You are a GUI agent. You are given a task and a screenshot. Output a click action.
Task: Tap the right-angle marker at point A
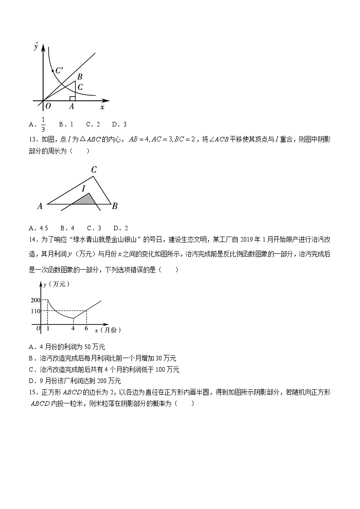coord(72,98)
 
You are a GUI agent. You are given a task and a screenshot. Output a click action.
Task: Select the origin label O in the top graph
coord(48,107)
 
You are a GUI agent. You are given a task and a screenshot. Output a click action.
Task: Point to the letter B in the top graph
coord(79,77)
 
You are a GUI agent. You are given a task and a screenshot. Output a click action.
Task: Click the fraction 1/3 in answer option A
coord(44,124)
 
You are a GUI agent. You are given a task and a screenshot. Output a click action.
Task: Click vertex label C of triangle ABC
coord(94,170)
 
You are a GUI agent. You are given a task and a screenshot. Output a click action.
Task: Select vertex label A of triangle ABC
coord(40,206)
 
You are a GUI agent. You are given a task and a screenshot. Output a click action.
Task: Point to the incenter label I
coord(83,188)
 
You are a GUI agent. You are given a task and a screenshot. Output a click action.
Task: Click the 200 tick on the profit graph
coord(36,300)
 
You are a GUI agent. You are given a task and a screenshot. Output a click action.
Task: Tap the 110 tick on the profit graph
coord(36,311)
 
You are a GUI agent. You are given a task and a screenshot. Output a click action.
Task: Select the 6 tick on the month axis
coord(86,328)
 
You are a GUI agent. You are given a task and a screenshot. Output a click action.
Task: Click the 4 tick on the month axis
coord(73,328)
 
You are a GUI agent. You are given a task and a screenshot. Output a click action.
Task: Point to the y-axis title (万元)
coord(56,284)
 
